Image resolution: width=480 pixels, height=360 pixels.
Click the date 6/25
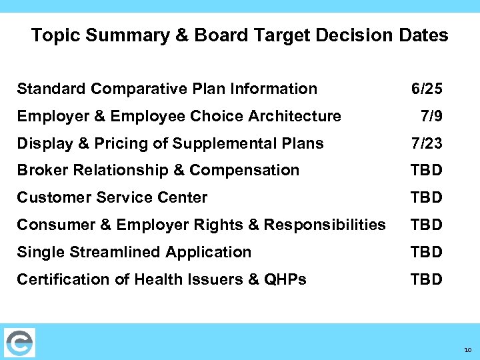pyautogui.click(x=427, y=89)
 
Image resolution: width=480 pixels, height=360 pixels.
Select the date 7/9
pyautogui.click(x=431, y=117)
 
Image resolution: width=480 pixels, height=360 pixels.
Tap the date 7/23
pyautogui.click(x=427, y=144)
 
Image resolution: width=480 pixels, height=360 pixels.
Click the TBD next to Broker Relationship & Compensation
pyautogui.click(x=427, y=171)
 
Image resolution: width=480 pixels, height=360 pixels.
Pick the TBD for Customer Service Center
pyautogui.click(x=427, y=198)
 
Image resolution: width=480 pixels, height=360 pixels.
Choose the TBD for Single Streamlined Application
pyautogui.click(x=427, y=252)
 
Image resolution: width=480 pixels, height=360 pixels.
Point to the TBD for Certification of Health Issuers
pyautogui.click(x=427, y=279)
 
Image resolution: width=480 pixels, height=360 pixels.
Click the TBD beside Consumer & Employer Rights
pyautogui.click(x=427, y=225)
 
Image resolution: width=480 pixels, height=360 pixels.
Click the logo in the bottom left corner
pyautogui.click(x=19, y=343)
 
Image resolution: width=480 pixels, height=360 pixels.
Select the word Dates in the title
pyautogui.click(x=423, y=35)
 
